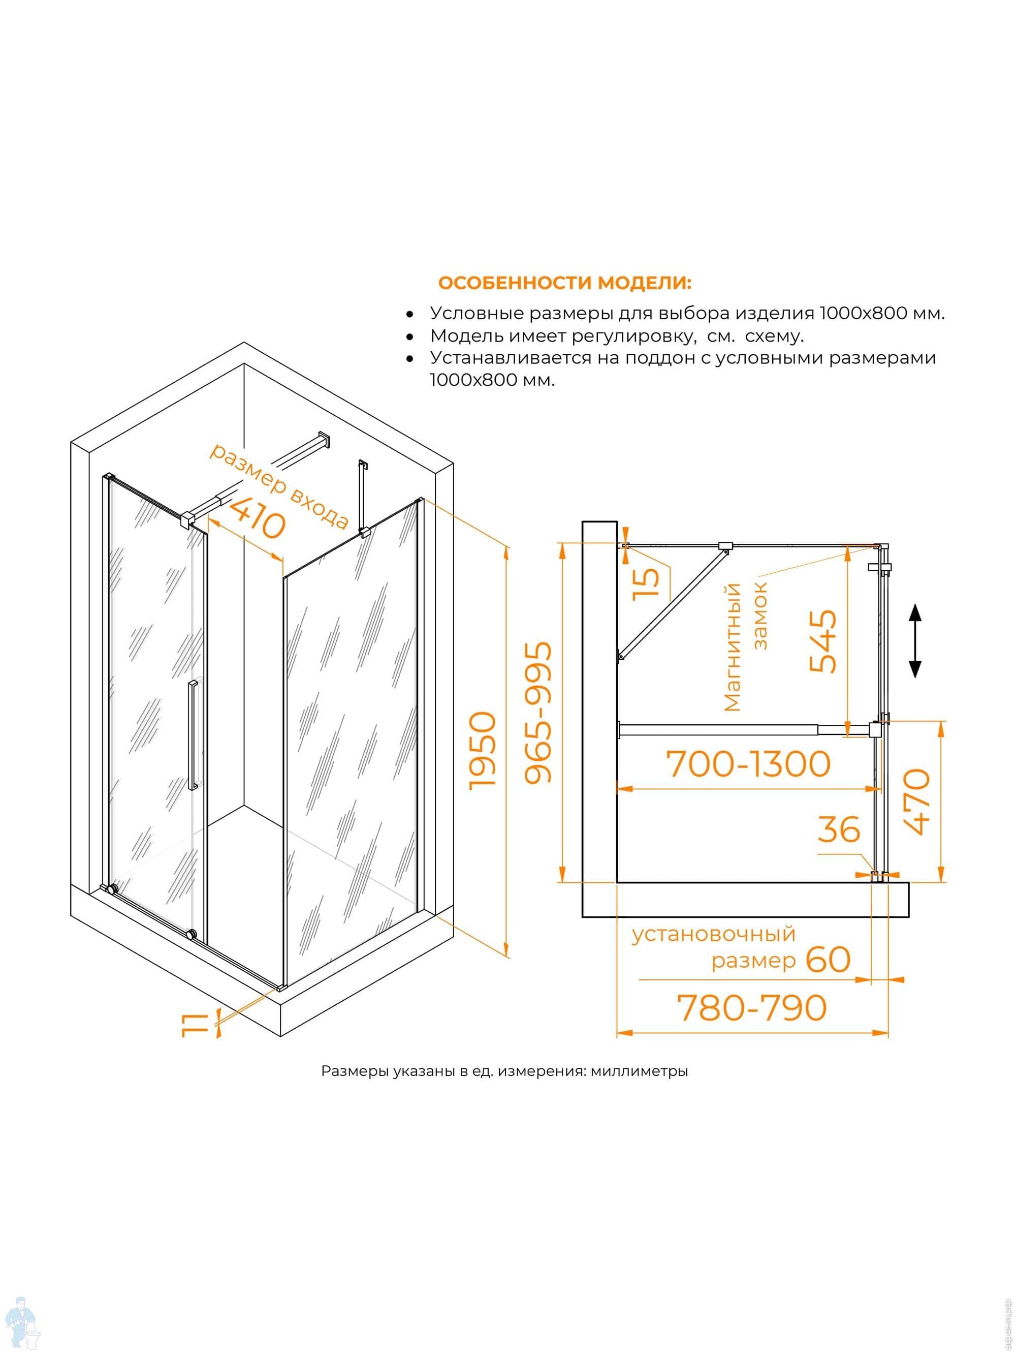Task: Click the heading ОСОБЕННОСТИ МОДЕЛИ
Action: point(565,283)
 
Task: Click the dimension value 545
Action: point(822,641)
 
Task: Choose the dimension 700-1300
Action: point(748,764)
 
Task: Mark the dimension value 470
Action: point(917,802)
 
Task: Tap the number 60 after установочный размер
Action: point(828,959)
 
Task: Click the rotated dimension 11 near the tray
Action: point(194,1024)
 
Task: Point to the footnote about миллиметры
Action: point(504,1071)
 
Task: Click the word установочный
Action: point(713,934)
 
